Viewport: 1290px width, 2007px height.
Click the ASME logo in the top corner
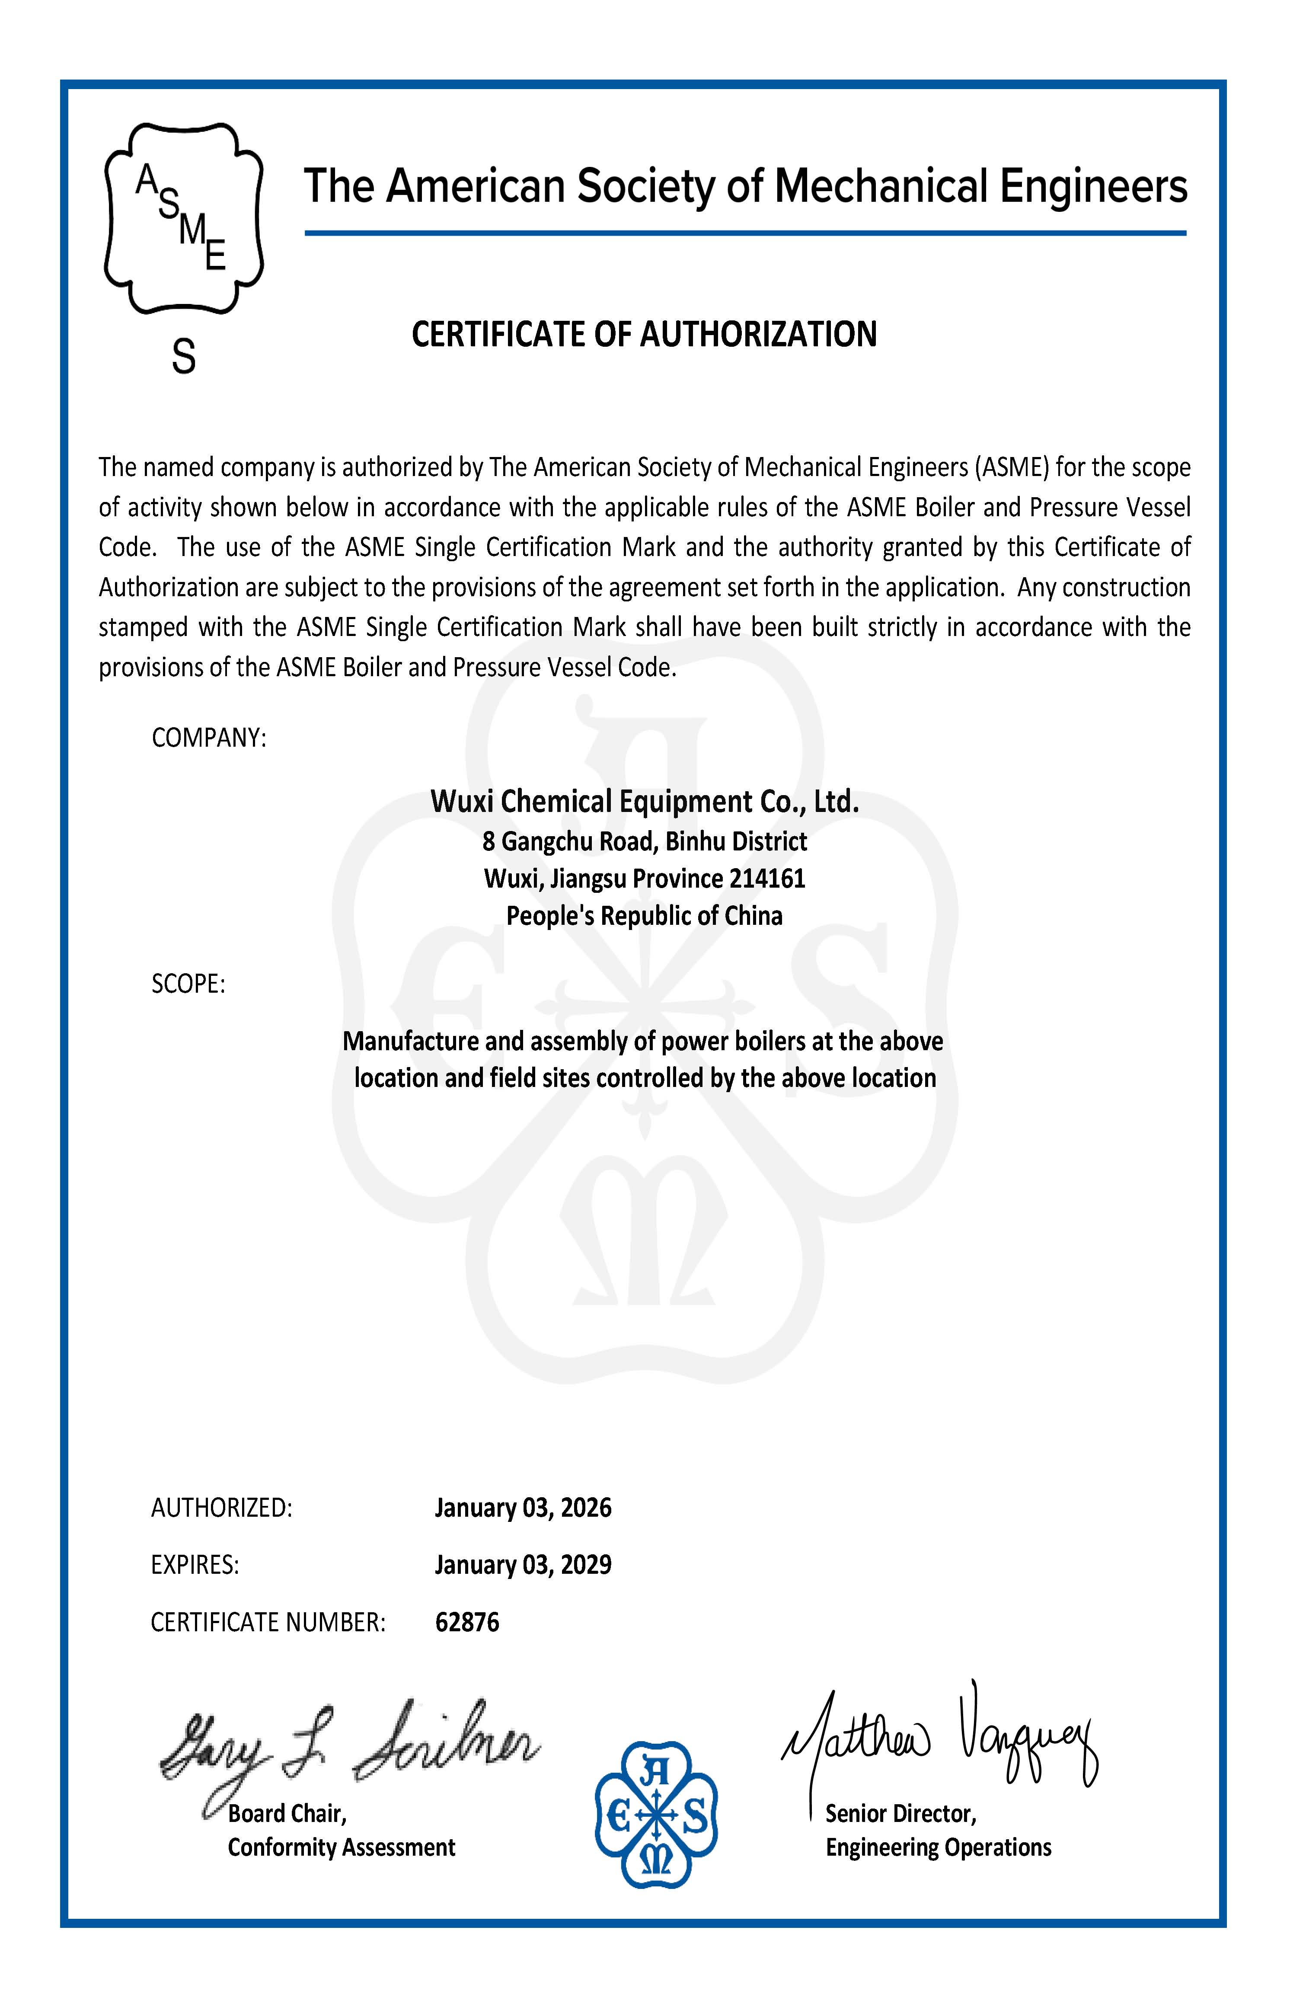[183, 218]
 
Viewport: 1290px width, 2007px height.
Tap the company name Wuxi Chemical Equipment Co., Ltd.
[644, 802]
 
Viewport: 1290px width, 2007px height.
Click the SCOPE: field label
[188, 984]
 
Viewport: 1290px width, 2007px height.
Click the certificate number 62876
[466, 1623]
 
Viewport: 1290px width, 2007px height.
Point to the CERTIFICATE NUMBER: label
[268, 1623]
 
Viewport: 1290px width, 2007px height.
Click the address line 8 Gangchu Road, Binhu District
[644, 841]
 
